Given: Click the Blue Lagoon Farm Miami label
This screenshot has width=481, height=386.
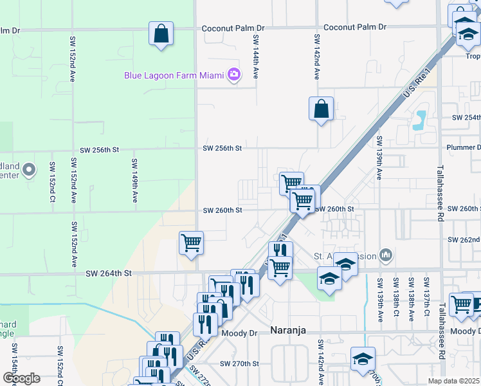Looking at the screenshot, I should [174, 75].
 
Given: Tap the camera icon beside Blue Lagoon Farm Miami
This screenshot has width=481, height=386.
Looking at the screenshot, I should [234, 75].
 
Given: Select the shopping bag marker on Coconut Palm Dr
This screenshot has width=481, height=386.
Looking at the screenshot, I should [161, 33].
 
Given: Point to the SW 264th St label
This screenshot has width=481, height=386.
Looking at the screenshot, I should [109, 273].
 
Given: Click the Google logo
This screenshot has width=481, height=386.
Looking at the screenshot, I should [21, 378].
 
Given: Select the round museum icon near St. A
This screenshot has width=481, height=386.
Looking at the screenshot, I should [386, 256].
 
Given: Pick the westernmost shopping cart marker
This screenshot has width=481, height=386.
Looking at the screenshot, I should [191, 243].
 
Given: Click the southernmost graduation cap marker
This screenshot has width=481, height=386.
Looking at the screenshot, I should [363, 359].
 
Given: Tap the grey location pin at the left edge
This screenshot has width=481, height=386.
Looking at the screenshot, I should [28, 170].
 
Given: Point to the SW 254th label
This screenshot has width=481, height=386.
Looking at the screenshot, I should [466, 118].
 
